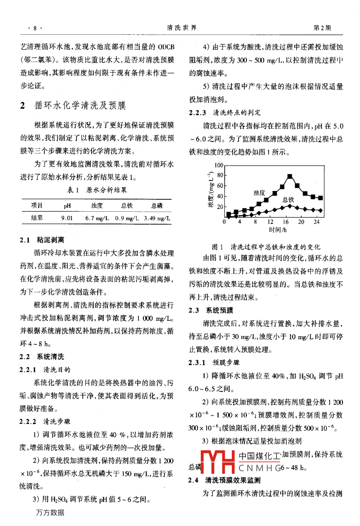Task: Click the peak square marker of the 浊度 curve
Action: (290, 176)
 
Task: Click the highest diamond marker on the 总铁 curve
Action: (290, 205)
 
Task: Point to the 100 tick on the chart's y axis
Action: (219, 165)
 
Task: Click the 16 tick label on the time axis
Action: (286, 222)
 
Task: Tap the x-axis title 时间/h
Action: (278, 230)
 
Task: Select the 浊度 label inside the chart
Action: (259, 193)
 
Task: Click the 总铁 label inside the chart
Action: (288, 199)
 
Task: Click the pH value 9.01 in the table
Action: (67, 218)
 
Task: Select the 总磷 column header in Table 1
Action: (157, 206)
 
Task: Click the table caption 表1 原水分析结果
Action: (97, 190)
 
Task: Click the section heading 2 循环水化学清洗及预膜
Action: (73, 105)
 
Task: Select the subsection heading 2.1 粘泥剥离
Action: (42, 240)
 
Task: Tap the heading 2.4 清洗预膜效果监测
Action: (225, 480)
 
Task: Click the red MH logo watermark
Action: (217, 461)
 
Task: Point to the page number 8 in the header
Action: (35, 28)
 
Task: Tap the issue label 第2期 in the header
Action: (322, 28)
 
